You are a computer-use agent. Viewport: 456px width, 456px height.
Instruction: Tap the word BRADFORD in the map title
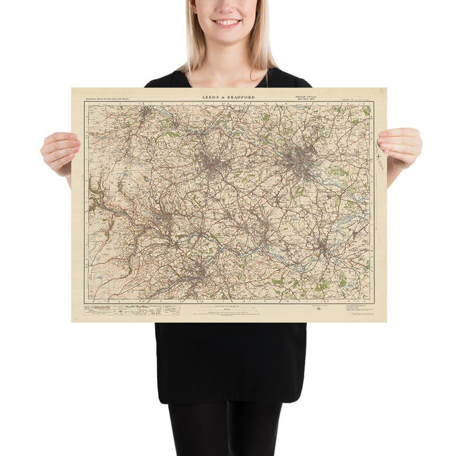pos(239,97)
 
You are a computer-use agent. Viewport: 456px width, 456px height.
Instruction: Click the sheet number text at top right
pos(351,98)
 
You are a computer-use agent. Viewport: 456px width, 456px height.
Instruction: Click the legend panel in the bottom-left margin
pos(131,310)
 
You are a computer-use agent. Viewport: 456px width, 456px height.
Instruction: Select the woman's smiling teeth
pos(227,22)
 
